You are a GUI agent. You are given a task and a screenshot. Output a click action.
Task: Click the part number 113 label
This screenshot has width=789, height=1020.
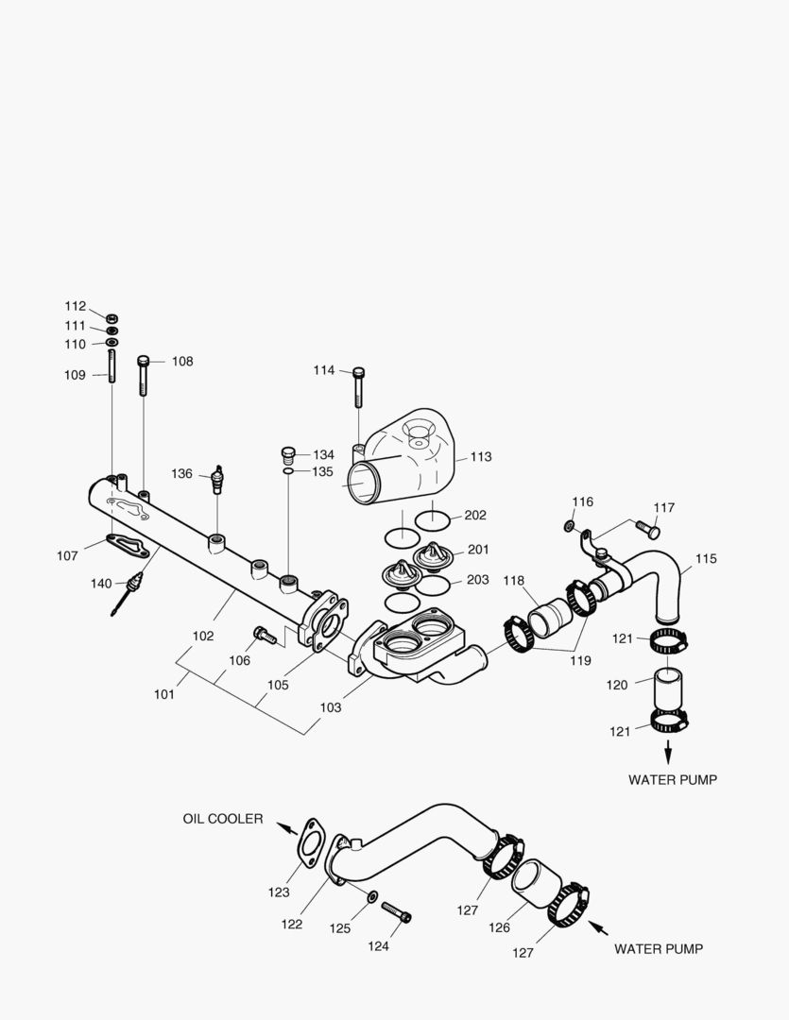[x=481, y=457]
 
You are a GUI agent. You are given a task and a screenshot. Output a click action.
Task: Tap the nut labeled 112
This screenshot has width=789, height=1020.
[x=111, y=316]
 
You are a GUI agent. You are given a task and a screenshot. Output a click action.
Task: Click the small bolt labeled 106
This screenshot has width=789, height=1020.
[x=265, y=636]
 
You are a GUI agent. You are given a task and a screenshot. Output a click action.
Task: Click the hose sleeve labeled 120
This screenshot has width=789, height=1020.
[x=668, y=689]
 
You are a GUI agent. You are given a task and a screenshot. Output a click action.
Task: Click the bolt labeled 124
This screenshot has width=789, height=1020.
[x=397, y=912]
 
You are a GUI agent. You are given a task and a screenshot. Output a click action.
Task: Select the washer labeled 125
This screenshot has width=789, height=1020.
[x=370, y=895]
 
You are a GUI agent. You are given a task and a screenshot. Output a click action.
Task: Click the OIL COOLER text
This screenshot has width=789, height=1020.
[x=223, y=819]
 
